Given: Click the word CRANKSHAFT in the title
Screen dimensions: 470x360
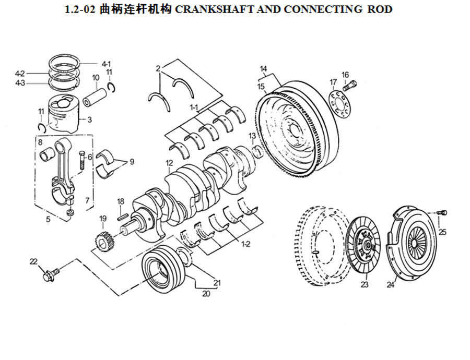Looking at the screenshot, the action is [214, 9].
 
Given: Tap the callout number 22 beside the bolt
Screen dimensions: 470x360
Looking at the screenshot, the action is [33, 261].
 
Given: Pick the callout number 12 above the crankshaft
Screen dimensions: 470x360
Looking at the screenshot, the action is [169, 163].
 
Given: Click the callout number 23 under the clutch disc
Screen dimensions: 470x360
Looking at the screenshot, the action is [364, 284].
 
